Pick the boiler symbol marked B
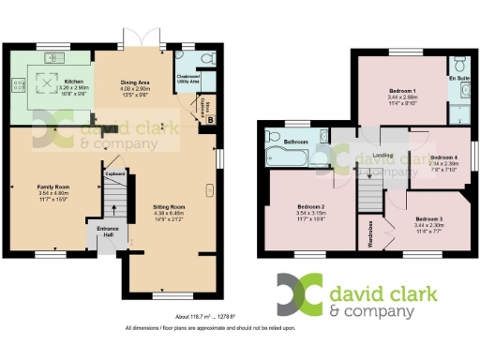(x=211, y=119)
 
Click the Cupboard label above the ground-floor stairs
(x=115, y=173)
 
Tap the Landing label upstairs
(x=382, y=157)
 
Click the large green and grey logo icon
(x=298, y=294)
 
